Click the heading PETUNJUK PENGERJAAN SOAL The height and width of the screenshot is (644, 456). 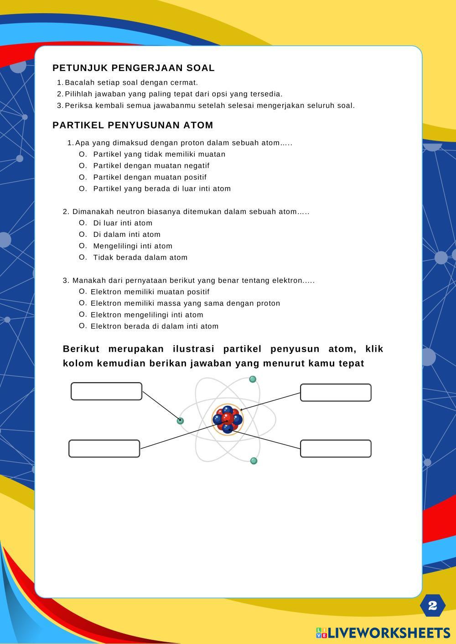click(133, 68)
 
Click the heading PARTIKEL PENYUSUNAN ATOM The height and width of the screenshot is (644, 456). click(133, 125)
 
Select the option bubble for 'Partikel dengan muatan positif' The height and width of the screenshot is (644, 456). click(83, 177)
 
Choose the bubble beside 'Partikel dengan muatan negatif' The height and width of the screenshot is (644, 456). click(83, 165)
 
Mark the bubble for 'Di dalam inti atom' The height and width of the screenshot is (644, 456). click(83, 234)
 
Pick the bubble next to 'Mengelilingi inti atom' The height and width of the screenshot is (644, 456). click(83, 245)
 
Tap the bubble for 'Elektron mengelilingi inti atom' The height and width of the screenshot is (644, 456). click(83, 314)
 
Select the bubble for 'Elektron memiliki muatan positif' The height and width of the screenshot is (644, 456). click(83, 291)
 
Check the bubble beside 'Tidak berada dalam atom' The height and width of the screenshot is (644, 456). click(83, 257)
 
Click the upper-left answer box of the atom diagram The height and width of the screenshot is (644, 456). click(106, 392)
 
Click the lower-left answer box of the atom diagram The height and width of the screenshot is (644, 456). click(104, 449)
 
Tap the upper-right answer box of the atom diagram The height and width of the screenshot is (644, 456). click(336, 393)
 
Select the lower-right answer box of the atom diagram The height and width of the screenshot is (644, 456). click(336, 449)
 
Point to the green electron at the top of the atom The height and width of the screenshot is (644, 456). click(253, 379)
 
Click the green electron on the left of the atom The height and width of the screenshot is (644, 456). click(181, 421)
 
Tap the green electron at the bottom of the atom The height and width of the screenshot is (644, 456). click(254, 461)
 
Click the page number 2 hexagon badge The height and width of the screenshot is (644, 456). click(432, 605)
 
